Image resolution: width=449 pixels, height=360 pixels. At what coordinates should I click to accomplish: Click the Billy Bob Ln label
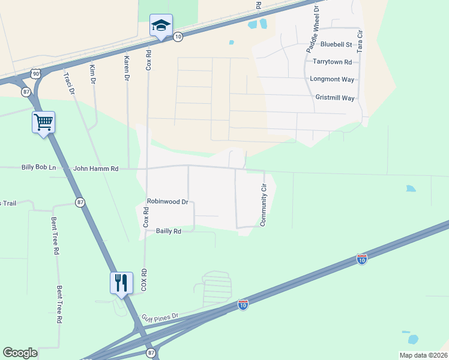pyautogui.click(x=38, y=168)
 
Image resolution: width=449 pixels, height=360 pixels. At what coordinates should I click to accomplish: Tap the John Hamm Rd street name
pyautogui.click(x=96, y=169)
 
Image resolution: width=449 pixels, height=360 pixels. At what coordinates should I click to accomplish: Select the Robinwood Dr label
pyautogui.click(x=167, y=202)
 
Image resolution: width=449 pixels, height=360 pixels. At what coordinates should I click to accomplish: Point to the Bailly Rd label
pyautogui.click(x=169, y=230)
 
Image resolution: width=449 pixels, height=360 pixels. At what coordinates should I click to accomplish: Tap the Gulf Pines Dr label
pyautogui.click(x=160, y=316)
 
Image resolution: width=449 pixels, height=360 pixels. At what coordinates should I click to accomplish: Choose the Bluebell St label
pyautogui.click(x=336, y=44)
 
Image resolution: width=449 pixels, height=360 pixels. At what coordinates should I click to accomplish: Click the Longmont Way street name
pyautogui.click(x=332, y=79)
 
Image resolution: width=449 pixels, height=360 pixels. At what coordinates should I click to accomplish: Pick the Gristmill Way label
pyautogui.click(x=335, y=98)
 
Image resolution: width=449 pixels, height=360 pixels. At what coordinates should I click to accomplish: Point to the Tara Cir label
pyautogui.click(x=360, y=40)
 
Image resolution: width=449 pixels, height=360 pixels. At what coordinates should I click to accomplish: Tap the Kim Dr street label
pyautogui.click(x=92, y=74)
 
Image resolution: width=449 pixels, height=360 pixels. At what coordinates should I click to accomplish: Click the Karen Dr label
pyautogui.click(x=127, y=69)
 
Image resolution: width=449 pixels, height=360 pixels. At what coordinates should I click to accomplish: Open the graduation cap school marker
pyautogui.click(x=161, y=26)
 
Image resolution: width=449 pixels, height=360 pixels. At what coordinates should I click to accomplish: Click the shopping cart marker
pyautogui.click(x=44, y=123)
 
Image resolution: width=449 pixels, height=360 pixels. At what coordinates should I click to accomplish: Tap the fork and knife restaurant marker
pyautogui.click(x=121, y=282)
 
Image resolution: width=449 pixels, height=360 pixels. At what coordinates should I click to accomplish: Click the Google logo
pyautogui.click(x=20, y=353)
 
